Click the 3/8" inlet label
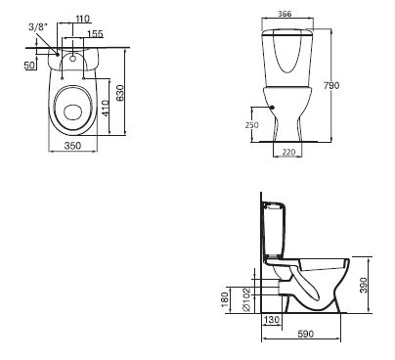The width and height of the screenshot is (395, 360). point(38,27)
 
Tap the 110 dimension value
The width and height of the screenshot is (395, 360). point(82,19)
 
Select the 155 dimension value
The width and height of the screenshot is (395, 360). point(95,33)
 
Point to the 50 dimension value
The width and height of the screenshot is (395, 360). point(29,65)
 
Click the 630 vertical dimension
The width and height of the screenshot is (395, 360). point(120,93)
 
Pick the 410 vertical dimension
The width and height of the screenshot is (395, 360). point(105,108)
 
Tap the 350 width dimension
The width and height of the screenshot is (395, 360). point(72,146)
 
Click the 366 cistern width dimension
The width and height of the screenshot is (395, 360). point(285,14)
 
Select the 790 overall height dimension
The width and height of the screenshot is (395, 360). point(331,85)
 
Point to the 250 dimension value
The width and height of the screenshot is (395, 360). point(251,125)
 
